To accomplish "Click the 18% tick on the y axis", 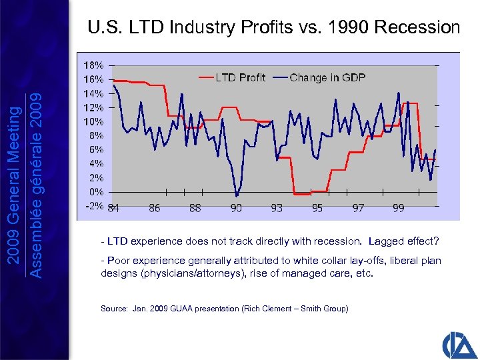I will pos(93,65).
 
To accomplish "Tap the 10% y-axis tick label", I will pos(93,121).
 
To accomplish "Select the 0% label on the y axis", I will pos(95,192).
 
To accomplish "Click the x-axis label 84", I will pos(113,208).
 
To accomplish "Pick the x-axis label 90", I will pos(236,208).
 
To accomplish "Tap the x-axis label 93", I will pos(277,208).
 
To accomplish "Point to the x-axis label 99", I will pos(399,208).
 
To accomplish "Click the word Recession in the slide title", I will pos(417,27).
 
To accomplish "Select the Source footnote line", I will pos(224,309).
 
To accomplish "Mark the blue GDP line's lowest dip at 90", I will pos(237,195).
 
